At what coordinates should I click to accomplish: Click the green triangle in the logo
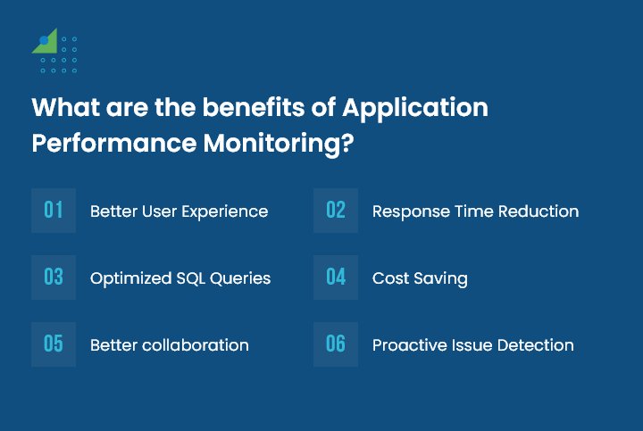click(48, 45)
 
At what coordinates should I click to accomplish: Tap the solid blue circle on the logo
click(44, 40)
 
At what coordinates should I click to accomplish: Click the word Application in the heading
click(415, 109)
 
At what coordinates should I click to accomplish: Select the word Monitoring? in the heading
click(279, 145)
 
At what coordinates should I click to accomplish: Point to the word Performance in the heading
click(114, 143)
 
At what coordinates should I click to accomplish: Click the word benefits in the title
click(254, 107)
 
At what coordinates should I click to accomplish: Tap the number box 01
click(54, 211)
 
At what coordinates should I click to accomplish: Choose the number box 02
click(336, 211)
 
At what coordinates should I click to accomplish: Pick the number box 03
click(54, 278)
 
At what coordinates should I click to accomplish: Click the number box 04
click(336, 278)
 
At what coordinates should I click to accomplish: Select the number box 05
click(54, 344)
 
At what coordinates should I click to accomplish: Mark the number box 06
click(336, 344)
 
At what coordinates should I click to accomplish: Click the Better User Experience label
click(180, 211)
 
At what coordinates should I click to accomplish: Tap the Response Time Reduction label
click(476, 211)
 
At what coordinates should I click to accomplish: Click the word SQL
click(191, 278)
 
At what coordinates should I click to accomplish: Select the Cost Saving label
click(420, 279)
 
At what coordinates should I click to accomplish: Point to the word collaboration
click(196, 345)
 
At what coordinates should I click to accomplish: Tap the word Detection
click(536, 345)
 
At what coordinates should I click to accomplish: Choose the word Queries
click(240, 278)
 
